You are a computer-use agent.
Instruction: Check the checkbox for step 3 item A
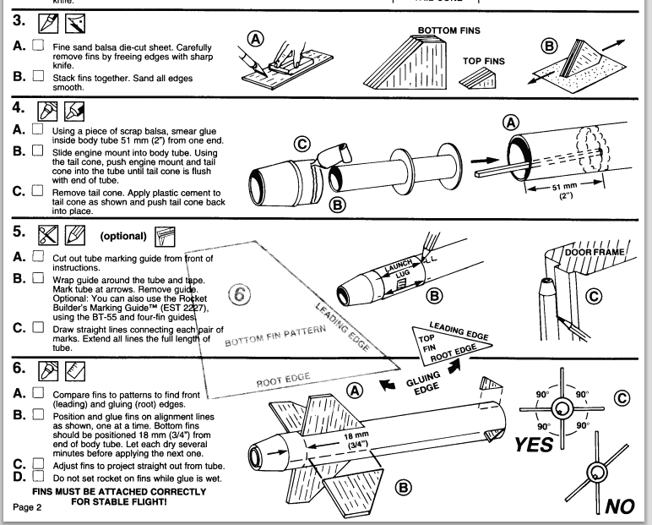tap(37, 46)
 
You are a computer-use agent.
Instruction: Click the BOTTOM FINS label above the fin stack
tap(448, 30)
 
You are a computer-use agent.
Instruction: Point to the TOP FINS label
tap(484, 61)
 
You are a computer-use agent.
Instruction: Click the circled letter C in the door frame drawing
tap(594, 297)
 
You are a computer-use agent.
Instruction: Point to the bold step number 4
tap(17, 109)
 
